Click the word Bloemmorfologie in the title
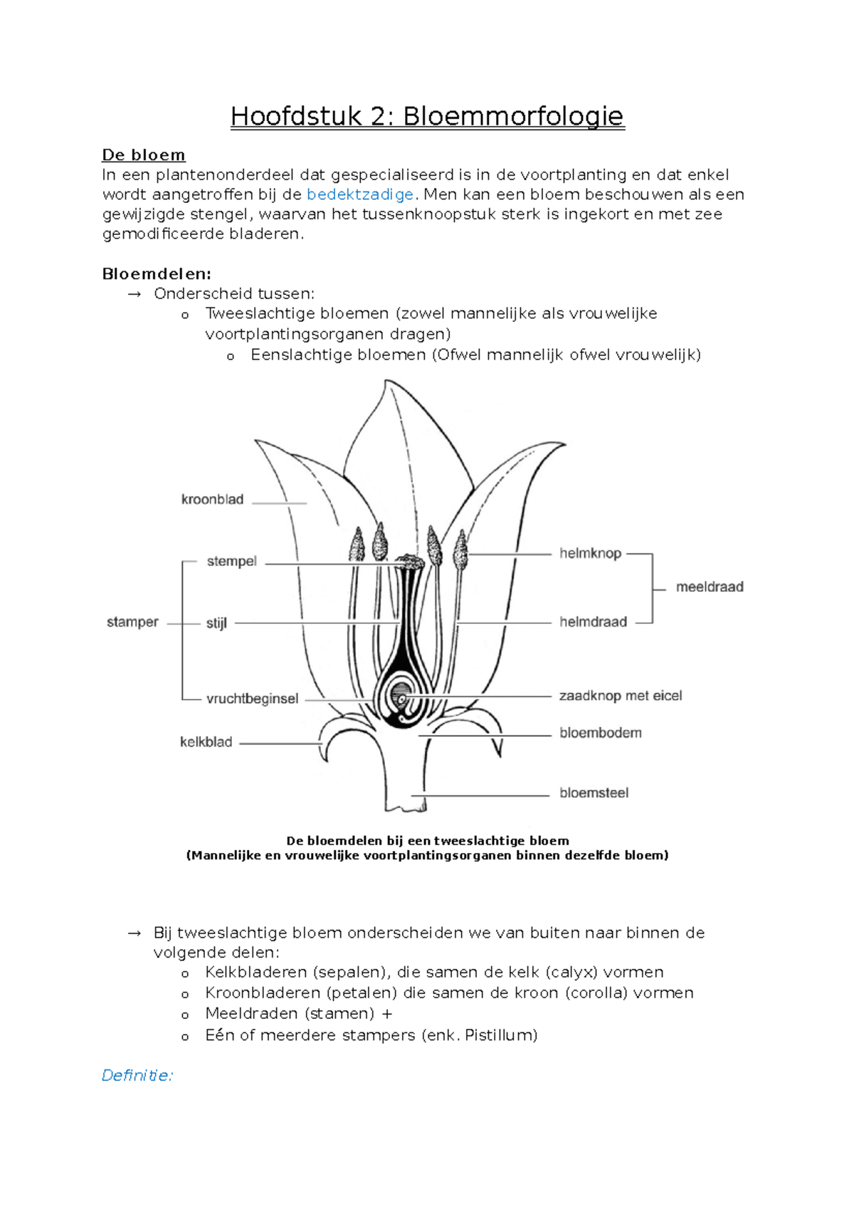tap(513, 116)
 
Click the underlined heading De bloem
tap(144, 155)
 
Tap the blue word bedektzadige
tap(360, 194)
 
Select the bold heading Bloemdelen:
tap(157, 274)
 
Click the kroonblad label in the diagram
tap(212, 500)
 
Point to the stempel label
tap(231, 562)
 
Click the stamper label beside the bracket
tap(132, 622)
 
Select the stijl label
tap(216, 624)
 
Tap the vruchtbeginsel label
tap(252, 699)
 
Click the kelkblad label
tap(206, 743)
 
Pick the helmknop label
tap(590, 553)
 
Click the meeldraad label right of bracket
tap(710, 587)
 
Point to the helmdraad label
tap(593, 622)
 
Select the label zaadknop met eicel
tap(620, 696)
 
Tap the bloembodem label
tap(600, 733)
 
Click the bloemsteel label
tap(594, 793)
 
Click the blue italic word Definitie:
tap(137, 1075)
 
